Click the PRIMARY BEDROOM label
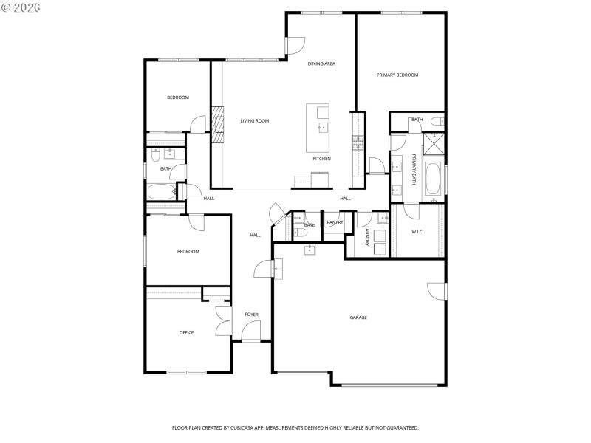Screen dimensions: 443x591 [x=397, y=75]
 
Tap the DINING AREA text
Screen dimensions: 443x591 [x=321, y=64]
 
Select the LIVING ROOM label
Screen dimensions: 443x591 [x=254, y=121]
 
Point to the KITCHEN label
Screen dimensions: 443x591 [x=321, y=159]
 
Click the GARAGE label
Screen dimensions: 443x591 [x=358, y=317]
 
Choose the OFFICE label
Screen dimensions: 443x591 [x=186, y=332]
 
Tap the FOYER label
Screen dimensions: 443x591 [x=252, y=315]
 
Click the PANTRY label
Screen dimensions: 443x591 [x=335, y=222]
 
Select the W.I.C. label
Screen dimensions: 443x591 [x=417, y=231]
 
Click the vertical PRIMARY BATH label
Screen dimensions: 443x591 [x=414, y=171]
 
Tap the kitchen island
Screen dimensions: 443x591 [x=318, y=127]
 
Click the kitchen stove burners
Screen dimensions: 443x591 [x=357, y=142]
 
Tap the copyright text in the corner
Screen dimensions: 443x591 [x=21, y=7]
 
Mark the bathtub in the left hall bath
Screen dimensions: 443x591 [x=161, y=192]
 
